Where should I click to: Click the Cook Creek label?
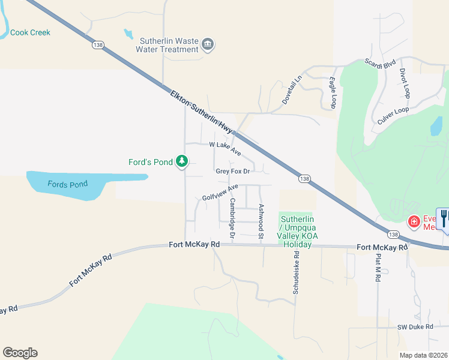pyautogui.click(x=31, y=33)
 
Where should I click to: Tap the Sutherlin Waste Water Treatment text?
pyautogui.click(x=169, y=46)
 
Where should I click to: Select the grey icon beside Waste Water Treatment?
pyautogui.click(x=208, y=45)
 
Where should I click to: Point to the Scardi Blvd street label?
pyautogui.click(x=381, y=62)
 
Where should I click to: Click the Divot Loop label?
pyautogui.click(x=405, y=83)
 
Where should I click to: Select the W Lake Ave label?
pyautogui.click(x=224, y=148)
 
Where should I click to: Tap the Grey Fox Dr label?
pyautogui.click(x=232, y=172)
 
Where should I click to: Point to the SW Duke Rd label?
pyautogui.click(x=415, y=327)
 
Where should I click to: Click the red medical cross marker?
pyautogui.click(x=413, y=222)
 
